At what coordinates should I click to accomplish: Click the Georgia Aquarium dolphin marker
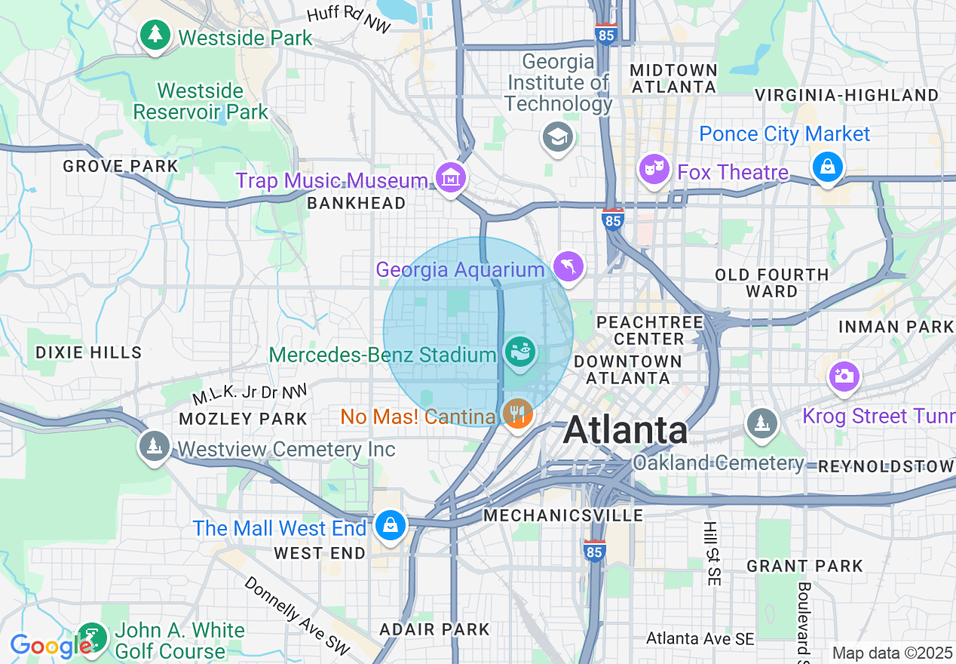(x=568, y=266)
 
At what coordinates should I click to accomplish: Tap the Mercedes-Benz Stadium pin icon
(x=520, y=351)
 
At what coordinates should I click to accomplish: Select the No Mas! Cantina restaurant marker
(x=517, y=413)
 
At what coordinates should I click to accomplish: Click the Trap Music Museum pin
(x=451, y=179)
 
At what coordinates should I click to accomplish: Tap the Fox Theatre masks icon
(x=654, y=169)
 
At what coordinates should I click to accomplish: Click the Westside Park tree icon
(x=155, y=35)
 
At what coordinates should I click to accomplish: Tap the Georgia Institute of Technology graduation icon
(x=558, y=137)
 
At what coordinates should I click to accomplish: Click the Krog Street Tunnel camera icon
(x=844, y=376)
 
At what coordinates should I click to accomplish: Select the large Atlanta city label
(x=625, y=431)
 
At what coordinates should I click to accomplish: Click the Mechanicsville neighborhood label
(x=563, y=515)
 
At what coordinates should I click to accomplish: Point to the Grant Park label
(x=804, y=565)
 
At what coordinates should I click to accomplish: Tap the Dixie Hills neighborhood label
(x=89, y=352)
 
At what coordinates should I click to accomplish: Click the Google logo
(x=50, y=646)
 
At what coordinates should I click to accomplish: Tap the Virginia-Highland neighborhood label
(x=847, y=95)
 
